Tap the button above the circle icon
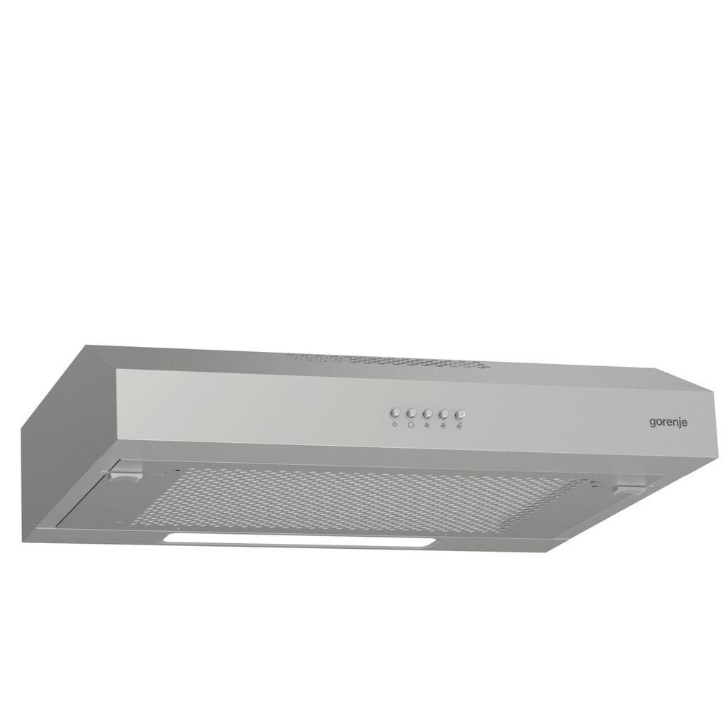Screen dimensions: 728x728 click(x=411, y=412)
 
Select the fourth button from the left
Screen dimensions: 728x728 click(x=444, y=414)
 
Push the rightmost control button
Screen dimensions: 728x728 click(x=460, y=414)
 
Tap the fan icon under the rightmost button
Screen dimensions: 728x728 click(x=460, y=427)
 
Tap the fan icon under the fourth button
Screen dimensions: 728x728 click(x=444, y=427)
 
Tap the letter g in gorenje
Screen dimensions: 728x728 click(x=652, y=423)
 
